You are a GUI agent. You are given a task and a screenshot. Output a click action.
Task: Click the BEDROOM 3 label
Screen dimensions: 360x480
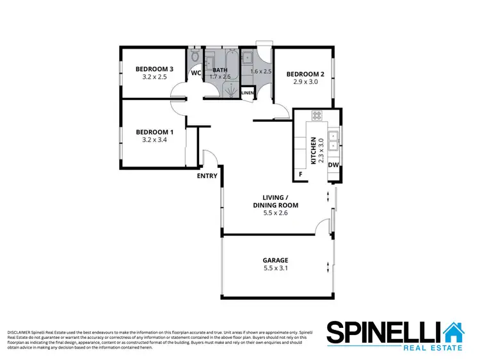[154, 69]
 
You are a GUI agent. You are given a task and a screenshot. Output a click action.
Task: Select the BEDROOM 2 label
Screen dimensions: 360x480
[305, 74]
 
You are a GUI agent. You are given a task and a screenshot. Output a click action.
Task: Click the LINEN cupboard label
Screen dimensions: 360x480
[248, 94]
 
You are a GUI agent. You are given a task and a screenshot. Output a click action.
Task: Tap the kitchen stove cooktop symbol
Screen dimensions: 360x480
[316, 116]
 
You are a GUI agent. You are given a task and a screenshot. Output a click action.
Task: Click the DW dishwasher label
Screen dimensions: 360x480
[333, 165]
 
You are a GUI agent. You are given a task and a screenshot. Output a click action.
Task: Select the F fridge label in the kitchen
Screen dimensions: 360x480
[300, 174]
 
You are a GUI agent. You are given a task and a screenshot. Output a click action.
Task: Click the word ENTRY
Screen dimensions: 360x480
[207, 176]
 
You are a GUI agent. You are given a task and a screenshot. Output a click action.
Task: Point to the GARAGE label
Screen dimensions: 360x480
[275, 260]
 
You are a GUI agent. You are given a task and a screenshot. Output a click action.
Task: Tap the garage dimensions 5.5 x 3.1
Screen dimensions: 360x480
[275, 269]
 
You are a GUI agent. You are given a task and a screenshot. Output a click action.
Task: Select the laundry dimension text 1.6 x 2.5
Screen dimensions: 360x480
[261, 72]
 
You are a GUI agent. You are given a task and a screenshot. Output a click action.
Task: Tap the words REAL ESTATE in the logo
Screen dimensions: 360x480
[432, 348]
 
